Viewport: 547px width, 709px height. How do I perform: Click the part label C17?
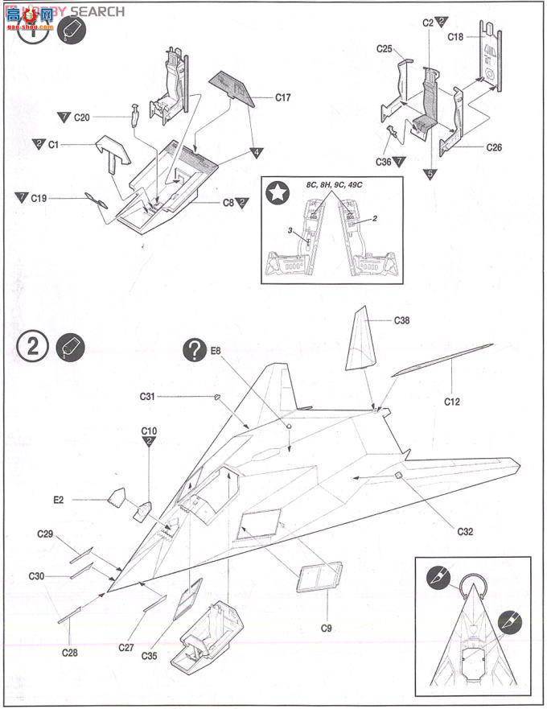tap(282, 97)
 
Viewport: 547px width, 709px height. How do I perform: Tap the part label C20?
tap(82, 117)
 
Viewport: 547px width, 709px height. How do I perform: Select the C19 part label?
tap(39, 197)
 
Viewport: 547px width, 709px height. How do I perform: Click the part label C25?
tap(385, 50)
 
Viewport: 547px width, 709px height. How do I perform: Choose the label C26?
tap(494, 147)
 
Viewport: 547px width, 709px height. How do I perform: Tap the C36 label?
tap(384, 161)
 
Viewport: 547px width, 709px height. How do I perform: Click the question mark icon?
tap(193, 348)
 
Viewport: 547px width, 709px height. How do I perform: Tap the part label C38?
tap(402, 320)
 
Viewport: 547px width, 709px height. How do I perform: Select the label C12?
tap(453, 399)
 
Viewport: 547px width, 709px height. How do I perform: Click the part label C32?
tap(465, 531)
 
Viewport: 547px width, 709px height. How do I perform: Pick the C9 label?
tap(326, 627)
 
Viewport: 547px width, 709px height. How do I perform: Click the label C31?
tap(146, 396)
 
